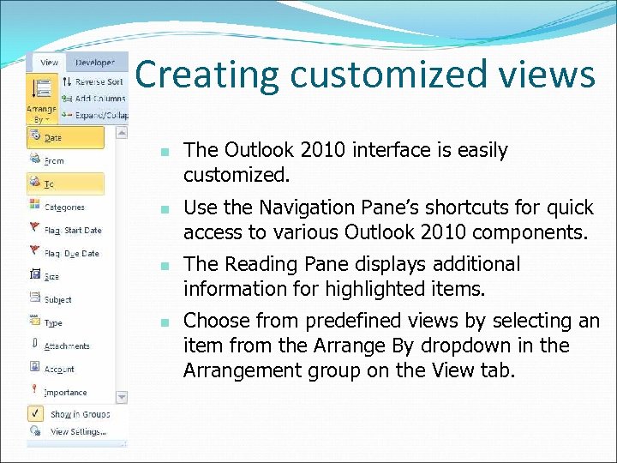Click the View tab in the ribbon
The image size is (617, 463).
(x=49, y=63)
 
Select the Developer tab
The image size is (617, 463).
(x=94, y=63)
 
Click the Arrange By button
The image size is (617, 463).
(x=41, y=99)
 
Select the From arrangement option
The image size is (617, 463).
(x=53, y=160)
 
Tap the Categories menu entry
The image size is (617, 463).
(x=63, y=207)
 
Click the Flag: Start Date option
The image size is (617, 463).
(x=72, y=230)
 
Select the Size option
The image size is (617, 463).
(x=51, y=276)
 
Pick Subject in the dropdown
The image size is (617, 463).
(x=57, y=299)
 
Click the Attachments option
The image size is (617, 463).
(x=66, y=346)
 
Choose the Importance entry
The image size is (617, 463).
(x=65, y=392)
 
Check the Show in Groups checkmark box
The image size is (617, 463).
(x=35, y=413)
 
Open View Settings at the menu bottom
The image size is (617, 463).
(x=77, y=431)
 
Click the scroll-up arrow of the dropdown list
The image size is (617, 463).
(x=122, y=132)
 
